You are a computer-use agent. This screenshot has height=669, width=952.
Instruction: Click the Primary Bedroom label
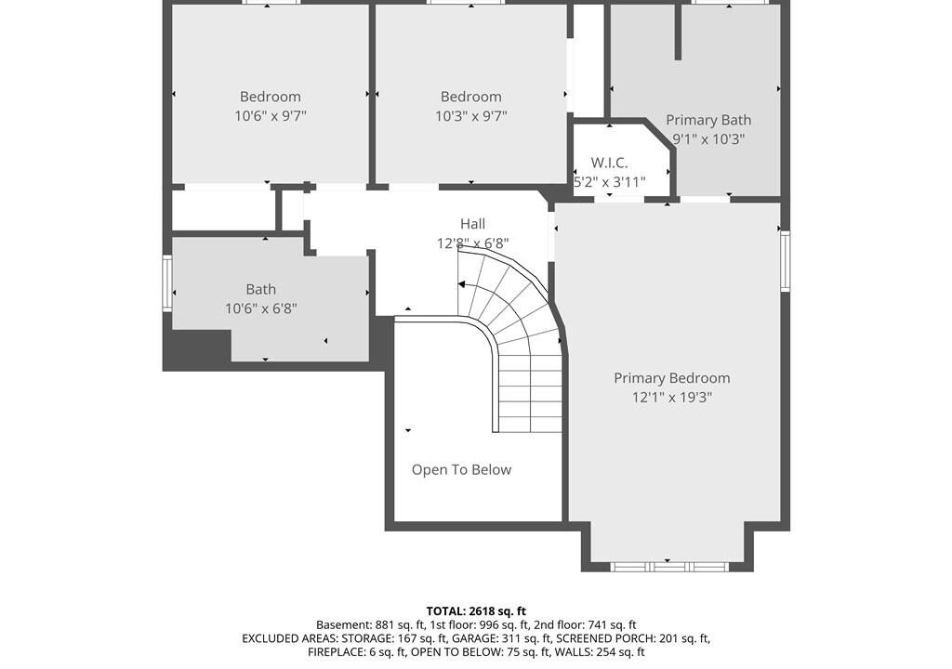click(671, 378)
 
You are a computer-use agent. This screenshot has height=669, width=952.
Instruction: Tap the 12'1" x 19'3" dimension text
click(671, 398)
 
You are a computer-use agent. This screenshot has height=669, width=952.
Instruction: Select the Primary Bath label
click(708, 120)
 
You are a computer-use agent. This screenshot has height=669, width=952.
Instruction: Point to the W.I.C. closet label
click(609, 163)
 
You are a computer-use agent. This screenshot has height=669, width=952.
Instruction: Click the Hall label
click(472, 224)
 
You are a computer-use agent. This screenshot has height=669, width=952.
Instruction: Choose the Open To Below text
click(461, 470)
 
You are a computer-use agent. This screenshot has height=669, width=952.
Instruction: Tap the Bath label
click(261, 290)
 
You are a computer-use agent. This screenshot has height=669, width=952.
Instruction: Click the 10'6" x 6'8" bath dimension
click(261, 309)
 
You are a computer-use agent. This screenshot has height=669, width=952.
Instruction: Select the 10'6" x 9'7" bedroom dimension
click(271, 116)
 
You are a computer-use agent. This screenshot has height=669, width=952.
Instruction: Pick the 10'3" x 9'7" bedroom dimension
click(470, 116)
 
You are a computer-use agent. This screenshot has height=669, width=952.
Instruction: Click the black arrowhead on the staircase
click(462, 284)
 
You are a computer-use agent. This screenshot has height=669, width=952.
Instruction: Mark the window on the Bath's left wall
click(167, 283)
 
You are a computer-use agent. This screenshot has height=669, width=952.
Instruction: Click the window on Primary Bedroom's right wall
click(785, 260)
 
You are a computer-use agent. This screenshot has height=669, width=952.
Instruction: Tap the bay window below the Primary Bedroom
click(668, 567)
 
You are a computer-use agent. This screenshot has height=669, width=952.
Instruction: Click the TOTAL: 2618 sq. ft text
click(476, 611)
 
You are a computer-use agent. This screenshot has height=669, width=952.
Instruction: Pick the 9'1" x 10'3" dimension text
click(708, 139)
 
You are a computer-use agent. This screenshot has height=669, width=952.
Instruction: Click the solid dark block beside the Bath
click(197, 348)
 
